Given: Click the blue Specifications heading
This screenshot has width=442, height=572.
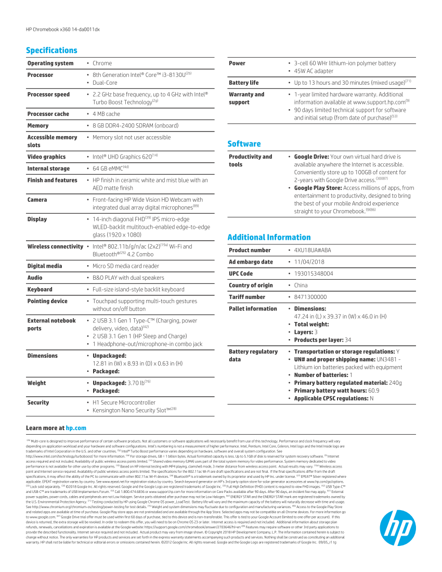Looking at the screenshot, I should pyautogui.click(x=51, y=50).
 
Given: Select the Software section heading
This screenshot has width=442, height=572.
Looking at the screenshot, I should pyautogui.click(x=244, y=144).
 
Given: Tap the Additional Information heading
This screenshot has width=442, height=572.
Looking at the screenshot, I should pyautogui.click(x=269, y=237).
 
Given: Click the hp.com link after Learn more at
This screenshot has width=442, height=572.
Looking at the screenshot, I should pyautogui.click(x=76, y=428).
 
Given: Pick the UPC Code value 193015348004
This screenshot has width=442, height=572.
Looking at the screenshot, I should pyautogui.click(x=314, y=274).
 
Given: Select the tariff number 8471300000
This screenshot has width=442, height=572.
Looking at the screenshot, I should pyautogui.click(x=310, y=297).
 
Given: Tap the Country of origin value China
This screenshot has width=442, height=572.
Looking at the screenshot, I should pyautogui.click(x=301, y=285).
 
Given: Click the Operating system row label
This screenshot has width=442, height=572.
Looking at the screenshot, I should pyautogui.click(x=50, y=63).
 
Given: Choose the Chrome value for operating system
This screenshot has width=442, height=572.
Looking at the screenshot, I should pyautogui.click(x=102, y=63).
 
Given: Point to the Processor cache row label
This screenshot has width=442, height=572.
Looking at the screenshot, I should pyautogui.click(x=48, y=114).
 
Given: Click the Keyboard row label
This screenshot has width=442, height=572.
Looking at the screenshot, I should pyautogui.click(x=40, y=290).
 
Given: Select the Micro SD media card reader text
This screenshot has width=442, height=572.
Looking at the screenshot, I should pyautogui.click(x=126, y=266).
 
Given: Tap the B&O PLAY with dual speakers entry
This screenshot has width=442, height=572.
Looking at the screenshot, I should pyautogui.click(x=128, y=278).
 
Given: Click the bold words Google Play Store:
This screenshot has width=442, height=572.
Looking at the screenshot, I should pyautogui.click(x=318, y=188).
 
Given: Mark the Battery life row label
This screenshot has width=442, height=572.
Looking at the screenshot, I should pyautogui.click(x=243, y=83).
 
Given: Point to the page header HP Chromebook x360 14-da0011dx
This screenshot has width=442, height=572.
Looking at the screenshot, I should pyautogui.click(x=62, y=29).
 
